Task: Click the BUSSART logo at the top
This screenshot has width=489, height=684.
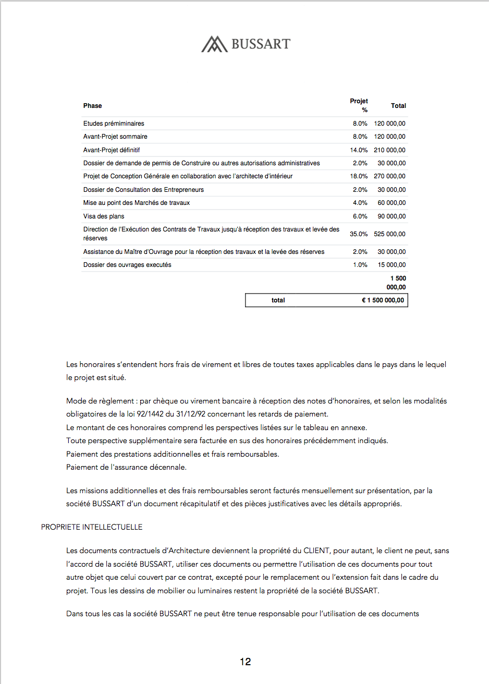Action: tap(246, 44)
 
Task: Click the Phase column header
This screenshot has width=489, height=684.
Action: tap(93, 106)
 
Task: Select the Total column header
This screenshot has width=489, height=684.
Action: tap(398, 106)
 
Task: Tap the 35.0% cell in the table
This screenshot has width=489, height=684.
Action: tap(359, 234)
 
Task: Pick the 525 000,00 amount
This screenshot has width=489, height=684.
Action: tap(389, 234)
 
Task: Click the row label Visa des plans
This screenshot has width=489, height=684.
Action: tap(104, 216)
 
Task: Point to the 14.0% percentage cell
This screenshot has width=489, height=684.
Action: tap(359, 150)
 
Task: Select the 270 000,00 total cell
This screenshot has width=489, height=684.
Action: tap(389, 176)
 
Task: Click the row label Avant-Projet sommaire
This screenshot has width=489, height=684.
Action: tap(115, 137)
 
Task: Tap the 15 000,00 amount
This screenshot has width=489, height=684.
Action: tap(392, 265)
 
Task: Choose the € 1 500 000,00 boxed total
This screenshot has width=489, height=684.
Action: tap(383, 300)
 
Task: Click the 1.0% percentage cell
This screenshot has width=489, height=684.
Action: tap(360, 265)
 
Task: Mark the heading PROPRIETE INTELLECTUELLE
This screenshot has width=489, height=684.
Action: tap(92, 527)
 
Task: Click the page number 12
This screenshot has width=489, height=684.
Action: tap(246, 662)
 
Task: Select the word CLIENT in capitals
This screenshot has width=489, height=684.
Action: tap(316, 551)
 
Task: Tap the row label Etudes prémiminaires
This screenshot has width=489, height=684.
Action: tap(114, 124)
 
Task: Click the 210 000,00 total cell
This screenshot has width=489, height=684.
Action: tap(389, 150)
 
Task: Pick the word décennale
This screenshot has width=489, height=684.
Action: tap(167, 467)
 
